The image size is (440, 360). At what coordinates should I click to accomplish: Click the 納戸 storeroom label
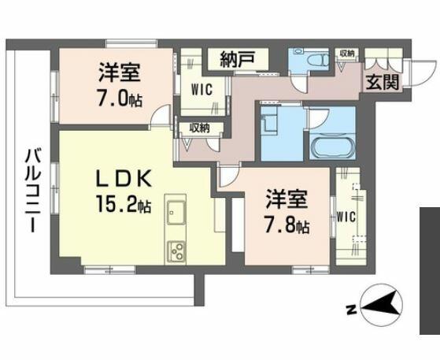pos(238,59)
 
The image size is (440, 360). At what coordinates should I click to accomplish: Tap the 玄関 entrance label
pos(382,83)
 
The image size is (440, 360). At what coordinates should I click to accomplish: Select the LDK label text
pos(124,179)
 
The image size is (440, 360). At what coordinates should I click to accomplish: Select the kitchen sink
pos(176,212)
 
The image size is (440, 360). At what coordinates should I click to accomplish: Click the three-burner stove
pos(176,252)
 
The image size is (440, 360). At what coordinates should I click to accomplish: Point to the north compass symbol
pos(381,304)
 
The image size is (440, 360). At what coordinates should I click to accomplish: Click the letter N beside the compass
pos(351,310)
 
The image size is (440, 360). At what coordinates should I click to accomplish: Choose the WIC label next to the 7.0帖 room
pos(202,90)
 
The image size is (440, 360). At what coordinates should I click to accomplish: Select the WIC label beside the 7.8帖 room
pos(346,217)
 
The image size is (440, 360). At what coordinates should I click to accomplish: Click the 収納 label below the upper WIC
pos(199,128)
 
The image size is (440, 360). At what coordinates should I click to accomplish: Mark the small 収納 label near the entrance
pos(347,53)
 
